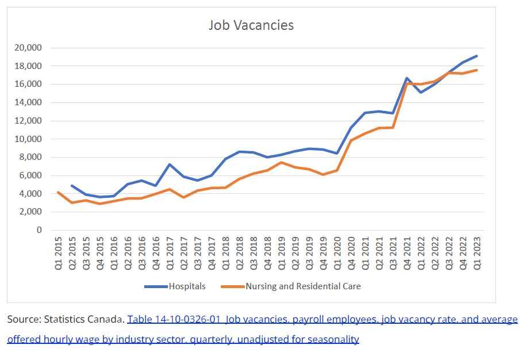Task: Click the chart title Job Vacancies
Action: tap(251, 25)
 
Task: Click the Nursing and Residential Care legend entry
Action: tap(303, 286)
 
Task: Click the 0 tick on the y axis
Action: tap(39, 230)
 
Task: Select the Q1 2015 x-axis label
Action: tap(59, 253)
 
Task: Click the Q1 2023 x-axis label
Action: tap(477, 253)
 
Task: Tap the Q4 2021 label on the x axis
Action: tap(407, 253)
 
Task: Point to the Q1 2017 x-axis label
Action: tap(170, 253)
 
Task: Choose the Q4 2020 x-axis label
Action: tap(351, 253)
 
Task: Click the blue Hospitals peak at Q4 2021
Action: tap(407, 78)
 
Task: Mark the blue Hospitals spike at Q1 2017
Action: tap(170, 164)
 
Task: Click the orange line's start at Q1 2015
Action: tap(59, 192)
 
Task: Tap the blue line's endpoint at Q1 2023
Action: tap(477, 56)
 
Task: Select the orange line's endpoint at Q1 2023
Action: tap(477, 70)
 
